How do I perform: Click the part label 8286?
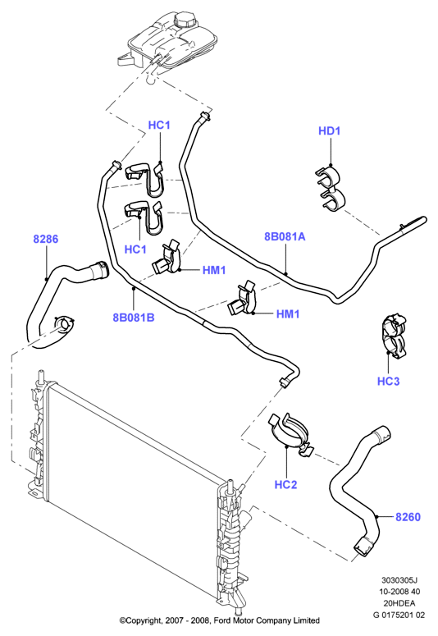[45, 239]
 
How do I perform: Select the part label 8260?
[408, 517]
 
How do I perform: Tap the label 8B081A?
[285, 236]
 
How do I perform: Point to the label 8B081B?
[134, 318]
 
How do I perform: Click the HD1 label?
[329, 131]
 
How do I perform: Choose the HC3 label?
[388, 381]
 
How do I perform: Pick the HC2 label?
[286, 484]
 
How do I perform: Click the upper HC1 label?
[159, 125]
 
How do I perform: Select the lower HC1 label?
[135, 249]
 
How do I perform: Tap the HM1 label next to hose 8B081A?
[288, 313]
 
